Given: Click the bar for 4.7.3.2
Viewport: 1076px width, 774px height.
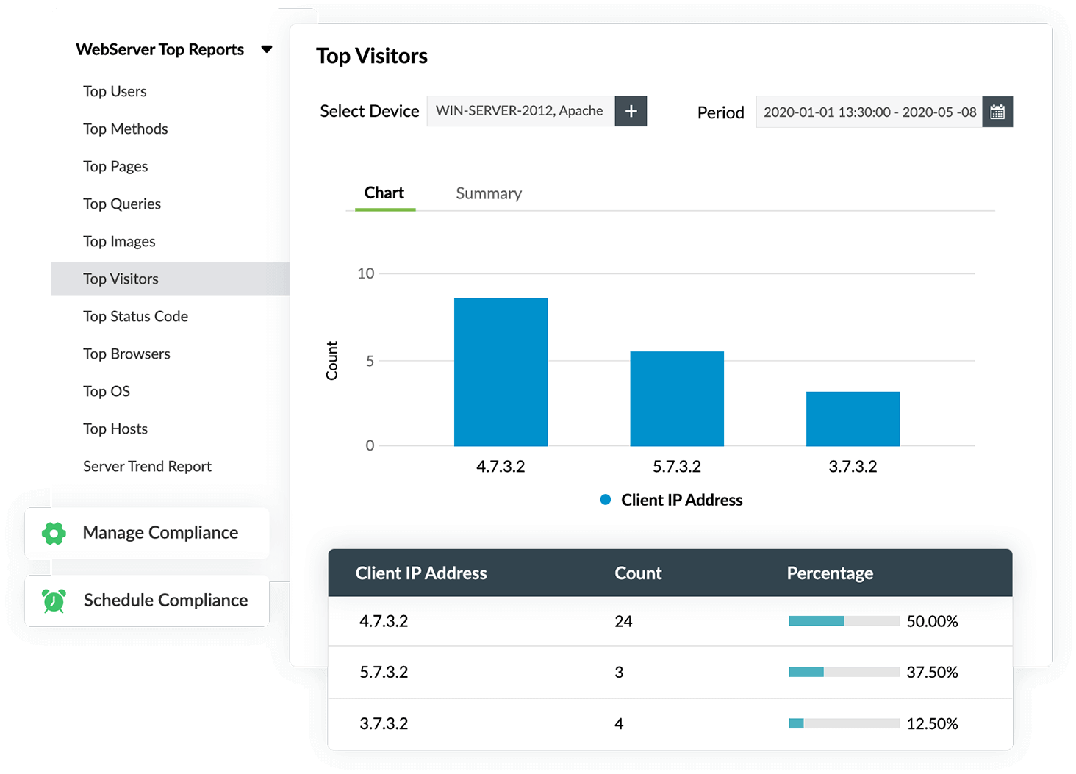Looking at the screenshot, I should pos(501,372).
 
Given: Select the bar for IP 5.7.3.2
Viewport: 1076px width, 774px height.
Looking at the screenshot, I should pos(677,398).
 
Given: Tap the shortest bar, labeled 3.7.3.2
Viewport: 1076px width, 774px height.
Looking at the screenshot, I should pos(853,418).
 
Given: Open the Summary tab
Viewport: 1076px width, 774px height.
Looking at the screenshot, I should pos(489,193).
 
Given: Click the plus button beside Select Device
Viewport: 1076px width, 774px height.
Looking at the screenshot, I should pos(631,111).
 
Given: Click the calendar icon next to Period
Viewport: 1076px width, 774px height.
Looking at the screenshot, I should pos(997,112).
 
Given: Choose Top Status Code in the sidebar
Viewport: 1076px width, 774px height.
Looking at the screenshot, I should pos(135,316).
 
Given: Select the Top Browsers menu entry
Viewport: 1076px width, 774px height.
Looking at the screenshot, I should pos(126,354).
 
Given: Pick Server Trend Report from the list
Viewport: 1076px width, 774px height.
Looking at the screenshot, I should pos(147,466).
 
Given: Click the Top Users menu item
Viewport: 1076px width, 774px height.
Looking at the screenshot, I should pos(115,91).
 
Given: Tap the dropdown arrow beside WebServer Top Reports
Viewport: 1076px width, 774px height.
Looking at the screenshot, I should pos(267,49).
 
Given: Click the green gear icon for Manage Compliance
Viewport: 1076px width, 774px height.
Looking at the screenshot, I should pos(54,533).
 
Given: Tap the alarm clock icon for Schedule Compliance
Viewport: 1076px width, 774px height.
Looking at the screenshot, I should pos(54,601).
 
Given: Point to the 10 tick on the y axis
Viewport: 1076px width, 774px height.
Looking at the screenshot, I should pos(365,273).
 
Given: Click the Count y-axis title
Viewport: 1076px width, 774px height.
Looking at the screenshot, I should pos(332,360).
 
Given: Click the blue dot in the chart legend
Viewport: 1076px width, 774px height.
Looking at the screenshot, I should pos(606,500).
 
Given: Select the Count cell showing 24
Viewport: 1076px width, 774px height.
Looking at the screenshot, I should pos(623,621).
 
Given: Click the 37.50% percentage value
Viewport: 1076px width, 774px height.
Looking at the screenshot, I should pos(932,672).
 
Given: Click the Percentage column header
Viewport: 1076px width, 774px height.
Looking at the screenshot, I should pos(830,573).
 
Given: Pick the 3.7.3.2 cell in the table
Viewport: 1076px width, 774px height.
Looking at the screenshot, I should pos(384,723).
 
